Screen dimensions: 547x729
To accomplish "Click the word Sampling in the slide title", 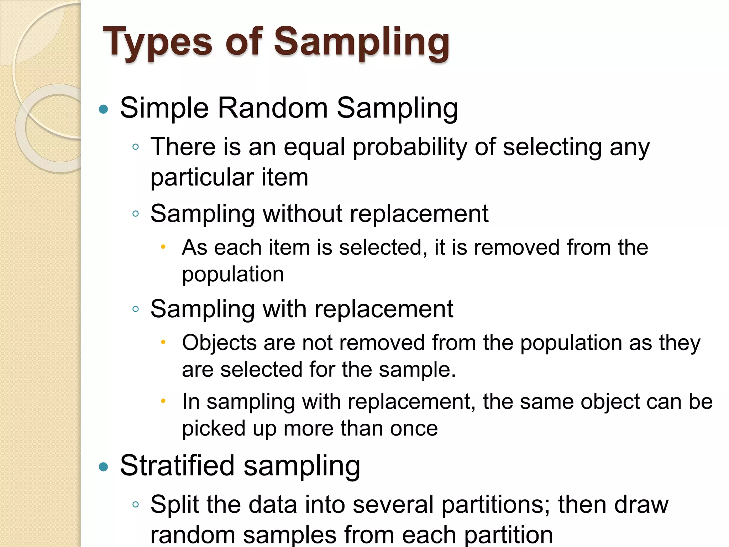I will tap(361, 43).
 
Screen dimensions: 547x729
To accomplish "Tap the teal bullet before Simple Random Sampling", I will tap(103, 109).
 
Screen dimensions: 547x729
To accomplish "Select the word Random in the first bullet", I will tap(273, 108).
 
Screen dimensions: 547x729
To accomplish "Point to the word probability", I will tap(410, 147).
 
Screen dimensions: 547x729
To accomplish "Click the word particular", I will tap(202, 177).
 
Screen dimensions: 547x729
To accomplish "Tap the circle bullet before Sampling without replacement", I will tap(135, 214).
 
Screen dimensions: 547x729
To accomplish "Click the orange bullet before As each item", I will tap(163, 246).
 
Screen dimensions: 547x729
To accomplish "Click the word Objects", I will tap(219, 343).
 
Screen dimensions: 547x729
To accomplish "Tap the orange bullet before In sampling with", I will tap(163, 401).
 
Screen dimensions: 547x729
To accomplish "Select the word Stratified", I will tap(177, 465).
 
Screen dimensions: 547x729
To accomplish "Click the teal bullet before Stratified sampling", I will tap(103, 467).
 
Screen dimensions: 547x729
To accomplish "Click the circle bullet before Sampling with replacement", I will tap(135, 309).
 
